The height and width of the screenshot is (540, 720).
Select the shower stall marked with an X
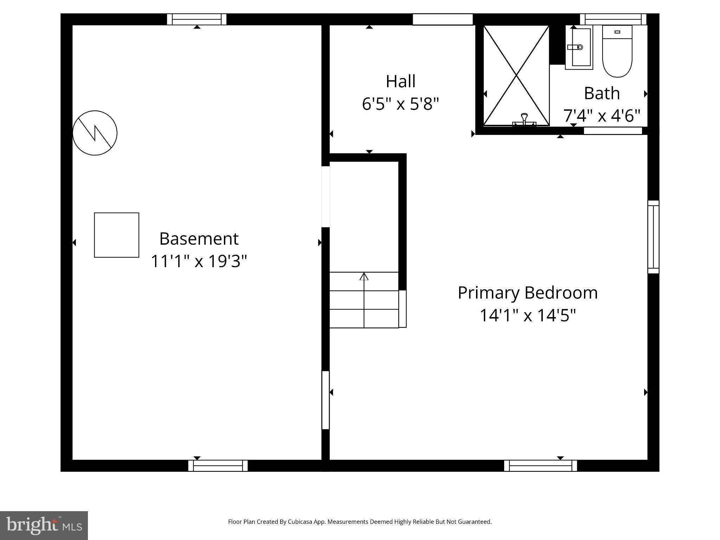(x=516, y=75)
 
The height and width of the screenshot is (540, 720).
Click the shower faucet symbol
(x=524, y=120)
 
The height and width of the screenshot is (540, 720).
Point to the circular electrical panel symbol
(x=95, y=133)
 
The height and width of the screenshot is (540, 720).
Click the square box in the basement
(x=116, y=235)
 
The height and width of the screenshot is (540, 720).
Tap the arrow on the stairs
(x=364, y=277)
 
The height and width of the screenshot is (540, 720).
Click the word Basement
(x=199, y=239)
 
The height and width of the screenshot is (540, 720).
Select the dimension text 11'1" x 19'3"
(x=199, y=261)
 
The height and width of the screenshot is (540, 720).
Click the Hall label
(x=400, y=81)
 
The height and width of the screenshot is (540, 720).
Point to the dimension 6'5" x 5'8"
(x=400, y=104)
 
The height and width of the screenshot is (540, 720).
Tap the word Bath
(x=602, y=93)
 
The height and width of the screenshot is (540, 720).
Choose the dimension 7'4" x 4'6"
(x=602, y=115)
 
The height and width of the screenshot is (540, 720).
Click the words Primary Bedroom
(x=527, y=293)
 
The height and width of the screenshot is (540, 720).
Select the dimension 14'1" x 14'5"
(x=527, y=315)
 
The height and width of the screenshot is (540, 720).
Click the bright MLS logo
(x=44, y=525)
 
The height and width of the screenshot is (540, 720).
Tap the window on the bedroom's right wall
(x=653, y=237)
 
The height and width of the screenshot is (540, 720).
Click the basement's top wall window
(x=197, y=19)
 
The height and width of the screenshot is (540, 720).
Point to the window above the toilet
(x=613, y=19)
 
